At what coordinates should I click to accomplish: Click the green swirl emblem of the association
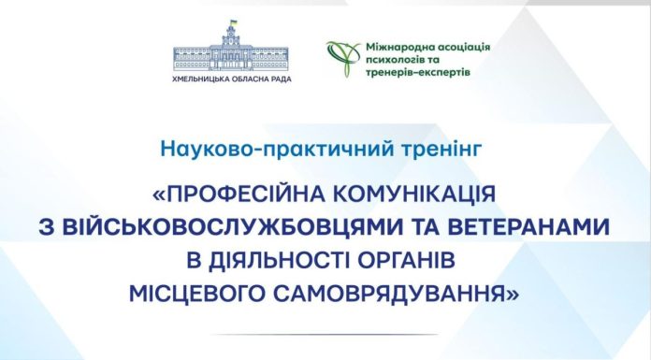coord(341,57)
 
